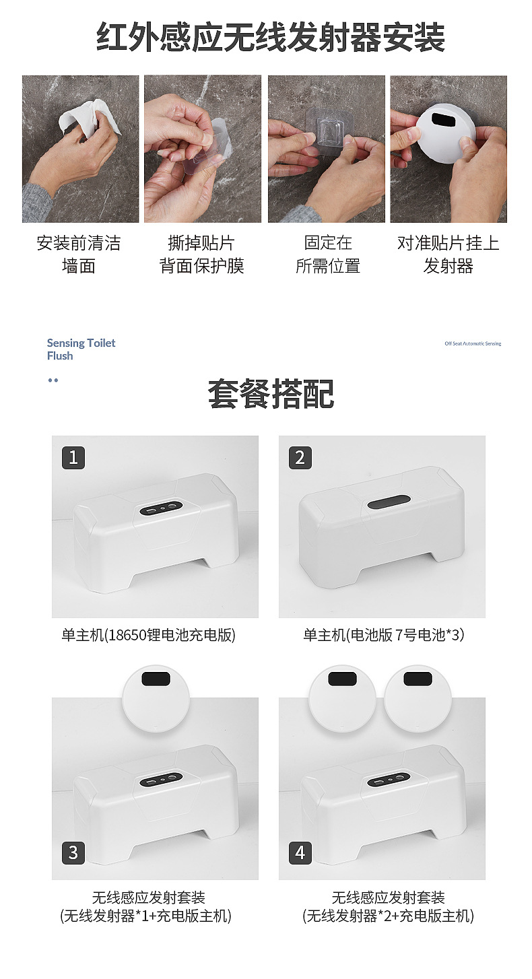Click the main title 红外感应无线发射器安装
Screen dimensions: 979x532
tap(271, 37)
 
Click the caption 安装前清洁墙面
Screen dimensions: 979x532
tap(79, 255)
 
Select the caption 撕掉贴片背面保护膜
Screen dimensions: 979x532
tap(201, 255)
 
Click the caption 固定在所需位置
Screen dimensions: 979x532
tap(328, 255)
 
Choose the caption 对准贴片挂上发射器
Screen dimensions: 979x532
tap(448, 255)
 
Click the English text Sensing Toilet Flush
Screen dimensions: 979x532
tap(81, 349)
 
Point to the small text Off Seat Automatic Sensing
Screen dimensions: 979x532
tap(473, 343)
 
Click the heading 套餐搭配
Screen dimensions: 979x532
tap(271, 395)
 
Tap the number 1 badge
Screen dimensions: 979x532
tap(73, 458)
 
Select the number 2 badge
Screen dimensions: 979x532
tap(300, 458)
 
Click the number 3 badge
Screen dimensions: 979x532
tap(73, 853)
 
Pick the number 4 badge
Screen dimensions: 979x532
tap(300, 853)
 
